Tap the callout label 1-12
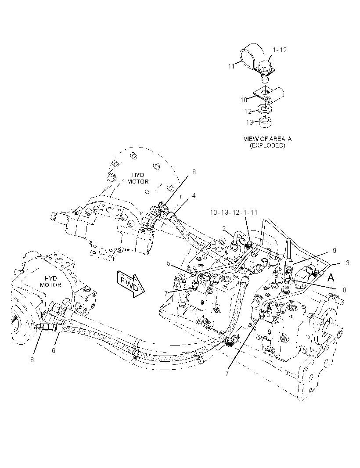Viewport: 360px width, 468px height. (280, 50)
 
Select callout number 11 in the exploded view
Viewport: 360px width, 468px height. (232, 66)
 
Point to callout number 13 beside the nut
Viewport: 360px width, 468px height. (249, 122)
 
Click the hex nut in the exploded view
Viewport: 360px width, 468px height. (264, 122)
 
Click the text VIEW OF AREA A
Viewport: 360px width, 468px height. (267, 139)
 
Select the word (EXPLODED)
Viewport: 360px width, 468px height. (267, 146)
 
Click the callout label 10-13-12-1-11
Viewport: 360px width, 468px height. (234, 212)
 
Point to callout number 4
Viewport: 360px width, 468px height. (194, 196)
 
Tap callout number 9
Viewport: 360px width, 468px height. (335, 251)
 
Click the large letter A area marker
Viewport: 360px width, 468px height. (331, 278)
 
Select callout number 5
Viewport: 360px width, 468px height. (169, 263)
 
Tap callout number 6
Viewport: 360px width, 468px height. (54, 351)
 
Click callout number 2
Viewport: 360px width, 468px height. (223, 228)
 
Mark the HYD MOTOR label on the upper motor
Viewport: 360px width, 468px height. (138, 178)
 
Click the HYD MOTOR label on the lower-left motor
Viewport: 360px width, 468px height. (50, 281)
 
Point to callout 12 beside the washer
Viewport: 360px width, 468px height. (248, 112)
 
